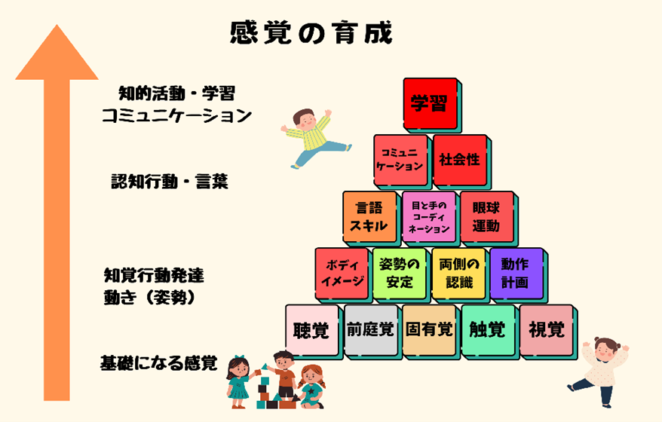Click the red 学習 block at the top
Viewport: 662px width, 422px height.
pyautogui.click(x=431, y=104)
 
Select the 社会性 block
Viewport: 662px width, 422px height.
pyautogui.click(x=460, y=161)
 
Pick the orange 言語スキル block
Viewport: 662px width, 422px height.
pyautogui.click(x=370, y=217)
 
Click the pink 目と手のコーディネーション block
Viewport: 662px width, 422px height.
pyautogui.click(x=429, y=217)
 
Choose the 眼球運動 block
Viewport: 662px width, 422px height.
pyautogui.click(x=487, y=217)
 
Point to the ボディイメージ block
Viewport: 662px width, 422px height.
pyautogui.click(x=342, y=274)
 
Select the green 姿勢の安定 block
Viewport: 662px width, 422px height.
pyautogui.click(x=400, y=274)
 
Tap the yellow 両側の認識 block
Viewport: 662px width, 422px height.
pyautogui.click(x=459, y=274)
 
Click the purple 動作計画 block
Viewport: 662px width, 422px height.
pyautogui.click(x=516, y=274)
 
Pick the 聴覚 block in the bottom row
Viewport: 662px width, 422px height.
pyautogui.click(x=312, y=330)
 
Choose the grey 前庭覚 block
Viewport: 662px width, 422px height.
pyautogui.click(x=371, y=330)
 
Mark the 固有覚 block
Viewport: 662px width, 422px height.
pyautogui.click(x=429, y=330)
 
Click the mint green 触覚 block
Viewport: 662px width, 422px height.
pyautogui.click(x=489, y=330)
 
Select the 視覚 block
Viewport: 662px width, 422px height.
pyautogui.click(x=547, y=330)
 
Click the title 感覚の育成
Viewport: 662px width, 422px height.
pyautogui.click(x=311, y=32)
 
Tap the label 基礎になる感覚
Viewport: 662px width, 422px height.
pyautogui.click(x=159, y=363)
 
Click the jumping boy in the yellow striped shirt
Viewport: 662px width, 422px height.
pyautogui.click(x=316, y=138)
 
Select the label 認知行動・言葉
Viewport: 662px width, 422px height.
pyautogui.click(x=170, y=182)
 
